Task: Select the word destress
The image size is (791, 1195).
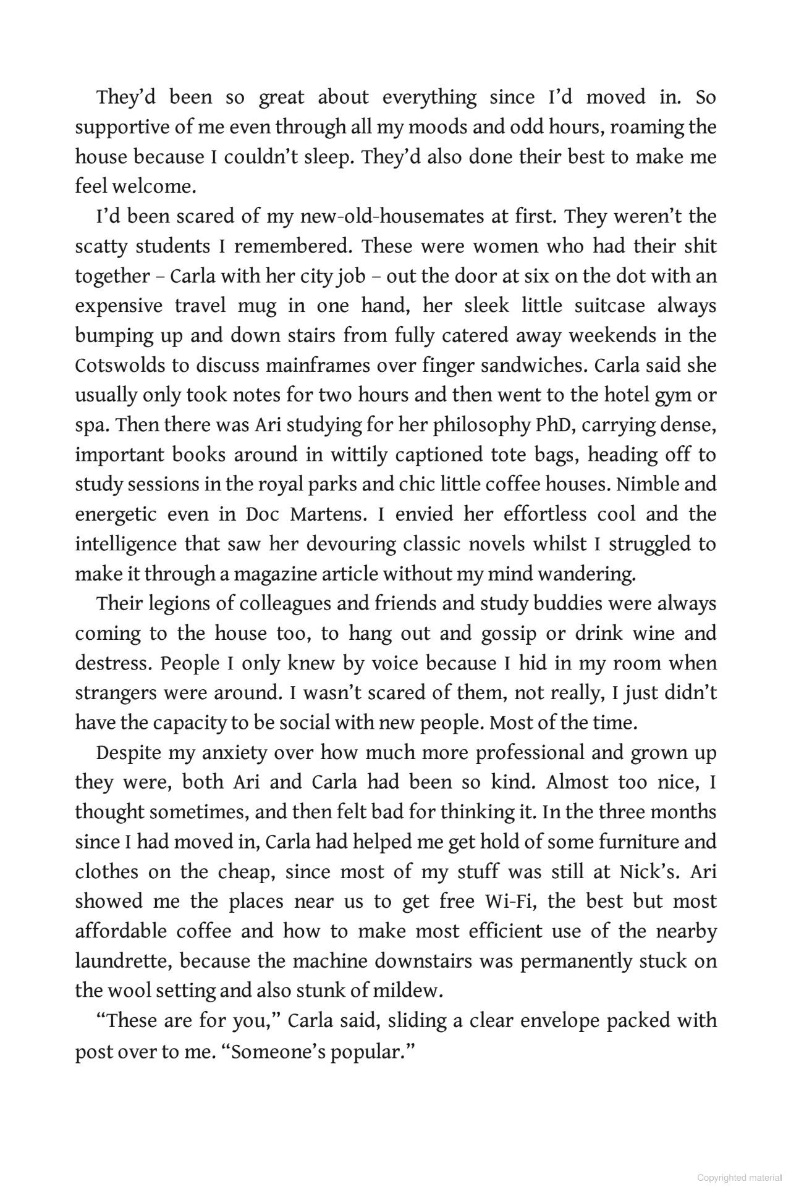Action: [116, 663]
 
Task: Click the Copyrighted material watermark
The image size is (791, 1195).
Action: [740, 1178]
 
